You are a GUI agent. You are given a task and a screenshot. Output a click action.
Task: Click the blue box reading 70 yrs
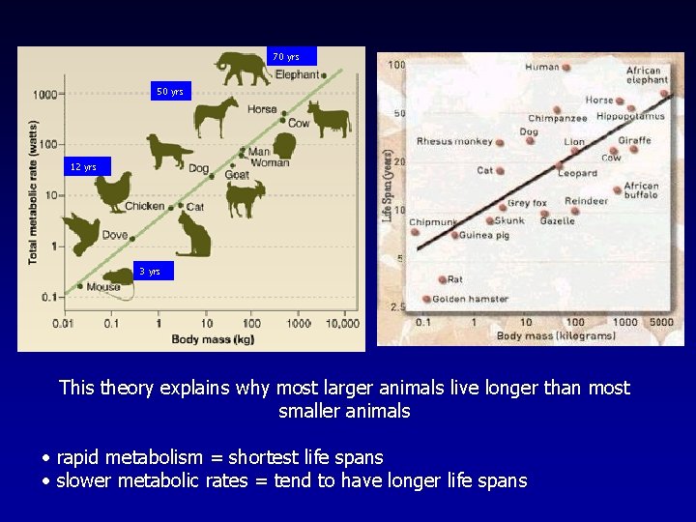click(292, 57)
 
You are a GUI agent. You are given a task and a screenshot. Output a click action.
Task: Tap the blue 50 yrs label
click(170, 92)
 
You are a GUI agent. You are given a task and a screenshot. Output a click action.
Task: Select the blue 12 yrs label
click(83, 167)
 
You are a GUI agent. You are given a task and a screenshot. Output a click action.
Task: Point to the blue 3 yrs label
click(150, 272)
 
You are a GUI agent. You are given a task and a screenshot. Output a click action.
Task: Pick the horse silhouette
click(215, 117)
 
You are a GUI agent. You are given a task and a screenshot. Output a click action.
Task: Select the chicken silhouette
click(112, 191)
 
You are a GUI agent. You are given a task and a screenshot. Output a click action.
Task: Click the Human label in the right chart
click(542, 68)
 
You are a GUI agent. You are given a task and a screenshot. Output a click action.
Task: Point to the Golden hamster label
click(470, 300)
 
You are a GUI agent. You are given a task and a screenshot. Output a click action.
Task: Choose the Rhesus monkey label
click(454, 141)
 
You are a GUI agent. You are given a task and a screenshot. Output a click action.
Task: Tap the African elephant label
click(644, 76)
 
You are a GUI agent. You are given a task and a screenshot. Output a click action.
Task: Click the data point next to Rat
click(443, 280)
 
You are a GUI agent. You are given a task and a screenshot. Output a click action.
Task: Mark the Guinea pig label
click(484, 235)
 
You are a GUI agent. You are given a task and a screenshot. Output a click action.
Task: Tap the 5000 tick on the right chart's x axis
click(660, 322)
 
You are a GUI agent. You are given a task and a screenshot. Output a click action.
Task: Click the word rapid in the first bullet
click(80, 457)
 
